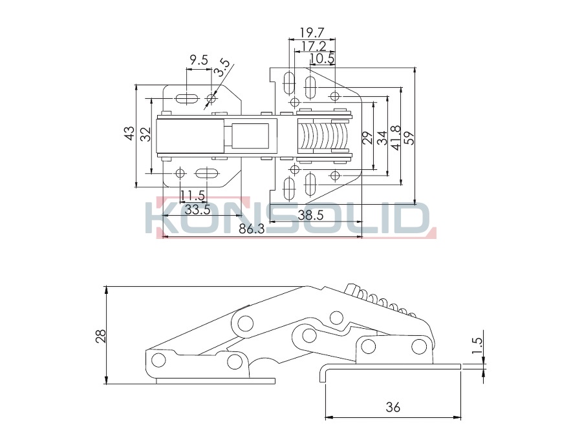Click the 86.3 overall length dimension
click(x=252, y=229)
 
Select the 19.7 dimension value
click(x=312, y=33)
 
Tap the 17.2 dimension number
click(x=314, y=46)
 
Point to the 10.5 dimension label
click(x=322, y=59)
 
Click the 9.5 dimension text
click(x=199, y=60)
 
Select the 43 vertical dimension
click(x=129, y=134)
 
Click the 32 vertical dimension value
click(x=146, y=134)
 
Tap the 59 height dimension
click(x=409, y=138)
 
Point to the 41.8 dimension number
click(x=396, y=138)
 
